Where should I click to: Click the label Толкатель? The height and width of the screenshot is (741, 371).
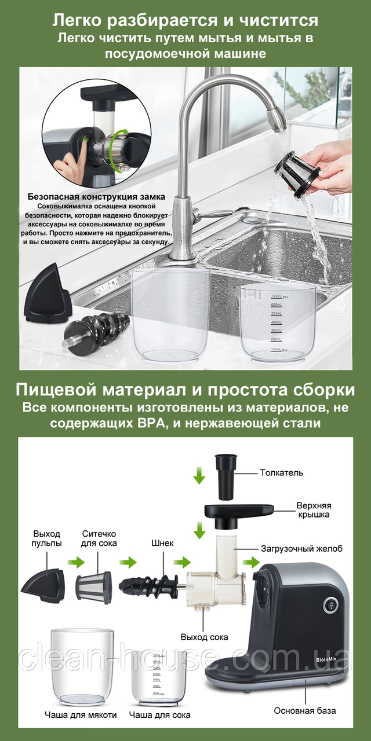coord(282,473)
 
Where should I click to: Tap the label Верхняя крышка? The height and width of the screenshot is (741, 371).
coord(314,510)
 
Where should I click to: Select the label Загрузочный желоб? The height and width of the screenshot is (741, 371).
coord(302,549)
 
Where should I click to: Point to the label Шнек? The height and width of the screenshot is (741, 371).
coord(162,543)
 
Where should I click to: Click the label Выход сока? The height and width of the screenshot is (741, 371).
coord(205,637)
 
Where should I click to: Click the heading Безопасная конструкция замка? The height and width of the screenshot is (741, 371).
coord(96,197)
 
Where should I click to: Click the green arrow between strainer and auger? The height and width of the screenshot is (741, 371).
coord(128,562)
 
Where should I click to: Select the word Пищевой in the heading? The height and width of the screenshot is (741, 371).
coord(56,390)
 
